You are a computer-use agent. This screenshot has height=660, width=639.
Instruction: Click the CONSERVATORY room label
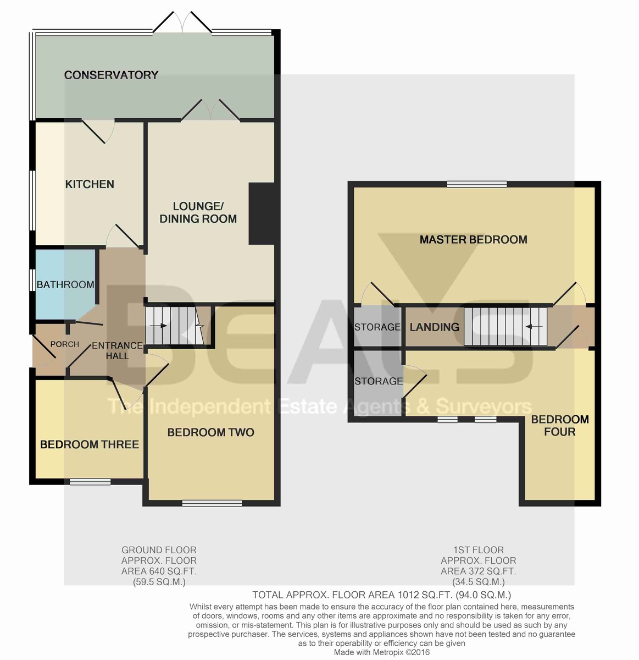(111, 75)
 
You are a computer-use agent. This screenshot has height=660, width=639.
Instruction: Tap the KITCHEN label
(90, 184)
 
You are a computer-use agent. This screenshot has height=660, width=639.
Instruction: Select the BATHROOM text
(65, 284)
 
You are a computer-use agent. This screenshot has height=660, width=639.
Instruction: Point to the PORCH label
(65, 344)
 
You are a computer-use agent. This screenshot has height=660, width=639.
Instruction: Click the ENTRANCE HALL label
(117, 351)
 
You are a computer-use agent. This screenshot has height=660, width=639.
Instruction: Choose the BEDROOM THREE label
(90, 444)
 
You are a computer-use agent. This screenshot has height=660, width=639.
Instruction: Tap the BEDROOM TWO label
(211, 432)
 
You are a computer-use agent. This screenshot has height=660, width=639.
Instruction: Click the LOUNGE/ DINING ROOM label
(198, 212)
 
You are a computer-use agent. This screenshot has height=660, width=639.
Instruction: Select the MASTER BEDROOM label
(473, 239)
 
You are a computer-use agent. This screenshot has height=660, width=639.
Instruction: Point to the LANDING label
(435, 327)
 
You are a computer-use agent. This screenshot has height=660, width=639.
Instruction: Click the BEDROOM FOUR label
(560, 425)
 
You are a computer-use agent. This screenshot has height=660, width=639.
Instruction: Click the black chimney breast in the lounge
(262, 213)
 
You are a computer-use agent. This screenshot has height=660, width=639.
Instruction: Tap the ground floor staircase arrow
(158, 326)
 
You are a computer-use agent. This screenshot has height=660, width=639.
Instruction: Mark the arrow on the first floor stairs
(534, 327)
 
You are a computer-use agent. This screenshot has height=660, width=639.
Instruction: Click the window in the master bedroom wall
(477, 184)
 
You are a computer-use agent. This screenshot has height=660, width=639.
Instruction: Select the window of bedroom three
(91, 482)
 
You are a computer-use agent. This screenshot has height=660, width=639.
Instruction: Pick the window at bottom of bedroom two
(212, 503)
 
